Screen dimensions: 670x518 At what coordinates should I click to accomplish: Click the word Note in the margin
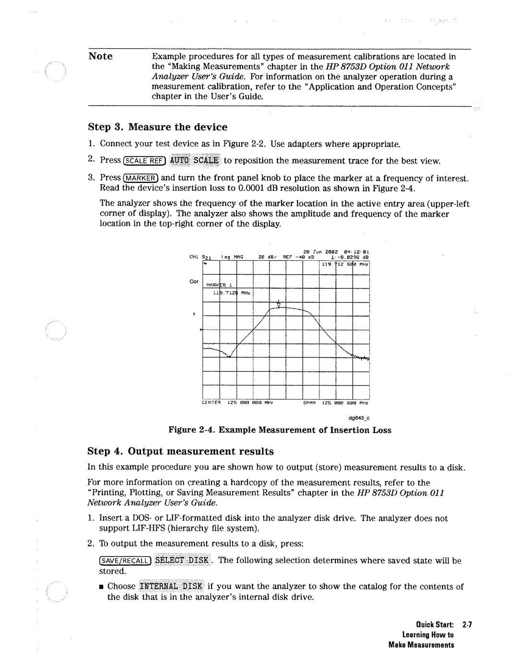100,57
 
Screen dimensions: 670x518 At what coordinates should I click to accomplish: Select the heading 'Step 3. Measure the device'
158,127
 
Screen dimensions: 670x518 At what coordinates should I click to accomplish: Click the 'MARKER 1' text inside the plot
219,284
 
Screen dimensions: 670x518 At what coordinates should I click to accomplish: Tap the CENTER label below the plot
211,403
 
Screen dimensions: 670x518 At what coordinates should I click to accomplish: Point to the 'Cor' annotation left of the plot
194,282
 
